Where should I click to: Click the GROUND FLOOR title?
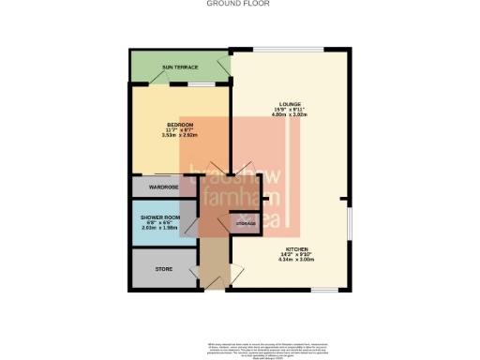240,4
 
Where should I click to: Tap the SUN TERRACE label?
179,67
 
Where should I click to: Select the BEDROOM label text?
180,125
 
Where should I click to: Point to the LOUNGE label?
289,103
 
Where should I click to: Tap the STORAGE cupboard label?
246,223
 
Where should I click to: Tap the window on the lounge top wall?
287,48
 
